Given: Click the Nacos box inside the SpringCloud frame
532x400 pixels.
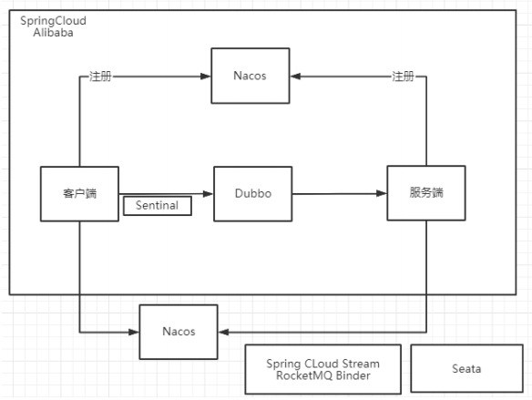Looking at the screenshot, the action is click(251, 76).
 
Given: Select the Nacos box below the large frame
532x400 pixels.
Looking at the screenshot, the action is click(179, 332).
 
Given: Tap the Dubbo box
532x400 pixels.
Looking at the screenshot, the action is click(253, 194).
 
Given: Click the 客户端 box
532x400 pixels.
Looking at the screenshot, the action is click(80, 194).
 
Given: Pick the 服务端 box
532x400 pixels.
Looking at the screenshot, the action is click(426, 193).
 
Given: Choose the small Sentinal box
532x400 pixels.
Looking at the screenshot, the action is click(158, 206).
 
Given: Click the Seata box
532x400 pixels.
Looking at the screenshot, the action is click(466, 368).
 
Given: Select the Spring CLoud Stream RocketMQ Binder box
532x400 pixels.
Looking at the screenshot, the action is click(323, 369).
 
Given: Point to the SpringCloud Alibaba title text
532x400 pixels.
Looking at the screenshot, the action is click(53, 26).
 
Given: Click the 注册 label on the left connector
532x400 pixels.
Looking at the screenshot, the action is click(100, 77).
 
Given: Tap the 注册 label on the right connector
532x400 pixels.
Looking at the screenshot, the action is click(403, 77).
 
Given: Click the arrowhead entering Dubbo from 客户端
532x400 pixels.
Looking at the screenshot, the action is click(208, 194).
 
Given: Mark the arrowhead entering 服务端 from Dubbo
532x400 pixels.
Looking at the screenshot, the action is click(382, 193).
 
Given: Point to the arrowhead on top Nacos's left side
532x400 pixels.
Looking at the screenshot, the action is click(206, 77).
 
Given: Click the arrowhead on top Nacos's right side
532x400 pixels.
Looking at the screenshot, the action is click(295, 77).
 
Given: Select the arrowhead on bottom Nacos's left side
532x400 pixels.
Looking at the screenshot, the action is click(134, 333).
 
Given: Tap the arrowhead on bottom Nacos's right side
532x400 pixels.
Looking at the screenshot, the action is click(223, 333).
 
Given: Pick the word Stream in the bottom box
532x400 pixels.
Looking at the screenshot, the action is click(361, 364).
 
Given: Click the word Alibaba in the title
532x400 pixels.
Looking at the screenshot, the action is click(53, 33).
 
